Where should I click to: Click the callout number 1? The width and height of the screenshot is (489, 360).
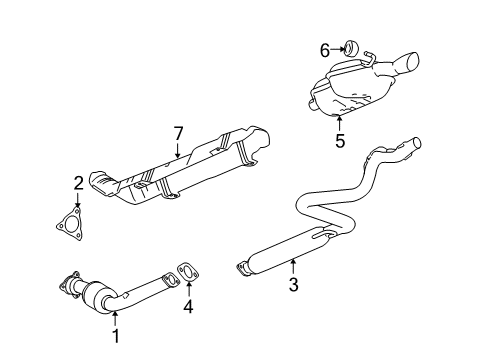(x=115, y=336)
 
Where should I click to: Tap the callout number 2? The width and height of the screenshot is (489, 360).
(x=78, y=182)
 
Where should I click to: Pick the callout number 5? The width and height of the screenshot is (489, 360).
(x=340, y=140)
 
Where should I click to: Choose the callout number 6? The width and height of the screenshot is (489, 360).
(x=324, y=48)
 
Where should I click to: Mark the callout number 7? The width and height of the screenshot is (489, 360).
(x=179, y=134)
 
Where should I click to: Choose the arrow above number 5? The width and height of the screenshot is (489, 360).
(x=340, y=122)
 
